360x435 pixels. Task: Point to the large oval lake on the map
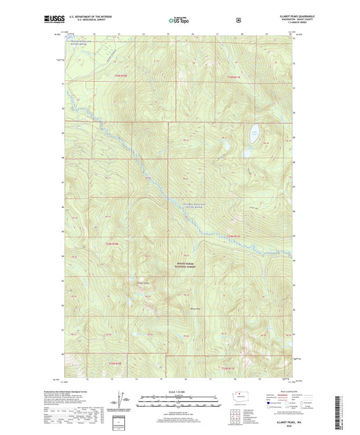(x=254, y=131)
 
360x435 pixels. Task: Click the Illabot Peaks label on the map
(x=143, y=282)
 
